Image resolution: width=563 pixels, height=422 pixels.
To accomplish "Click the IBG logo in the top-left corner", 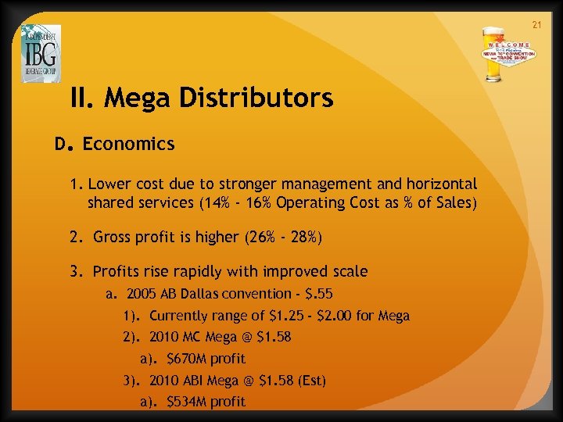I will pyautogui.click(x=41, y=52).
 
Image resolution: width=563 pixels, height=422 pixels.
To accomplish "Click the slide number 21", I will pyautogui.click(x=536, y=25).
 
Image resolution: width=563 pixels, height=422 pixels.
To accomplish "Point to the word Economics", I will pyautogui.click(x=128, y=144).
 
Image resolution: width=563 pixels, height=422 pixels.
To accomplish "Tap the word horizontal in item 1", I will pyautogui.click(x=439, y=184).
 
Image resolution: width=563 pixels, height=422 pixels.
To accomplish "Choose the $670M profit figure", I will pyautogui.click(x=188, y=359).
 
